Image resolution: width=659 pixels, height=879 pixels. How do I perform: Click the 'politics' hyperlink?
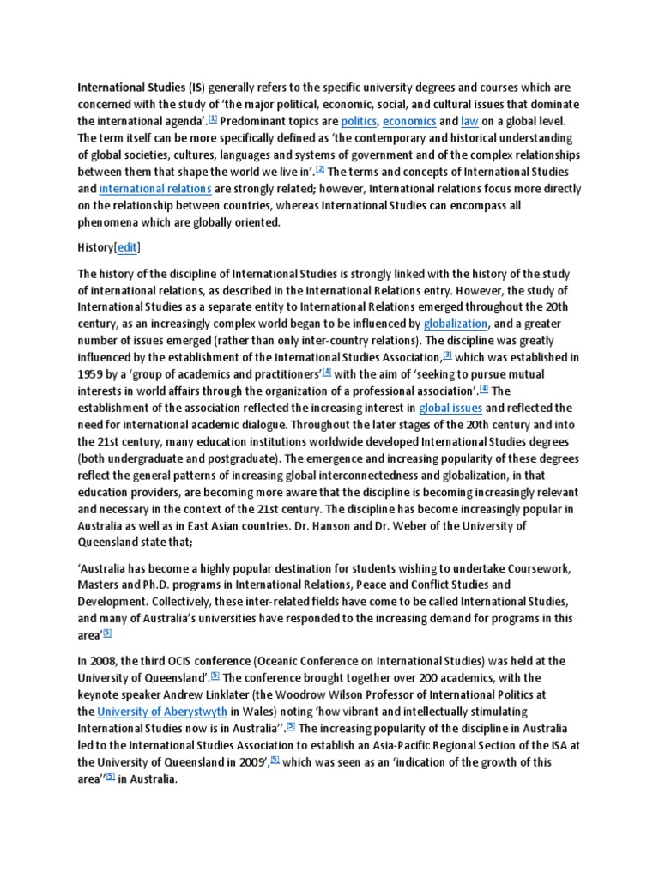[359, 122]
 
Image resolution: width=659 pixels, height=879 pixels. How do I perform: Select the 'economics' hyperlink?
[409, 122]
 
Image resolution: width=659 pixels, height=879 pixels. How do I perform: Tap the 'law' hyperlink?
[469, 122]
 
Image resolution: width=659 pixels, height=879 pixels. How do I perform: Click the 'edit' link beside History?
[127, 247]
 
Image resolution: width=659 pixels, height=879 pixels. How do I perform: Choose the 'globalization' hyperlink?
[456, 324]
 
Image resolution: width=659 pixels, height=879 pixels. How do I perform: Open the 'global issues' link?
[450, 407]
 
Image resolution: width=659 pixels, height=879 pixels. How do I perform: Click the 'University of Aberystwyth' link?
[163, 712]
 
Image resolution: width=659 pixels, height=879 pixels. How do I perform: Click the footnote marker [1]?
[213, 118]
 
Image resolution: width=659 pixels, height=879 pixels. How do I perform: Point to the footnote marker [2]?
[320, 168]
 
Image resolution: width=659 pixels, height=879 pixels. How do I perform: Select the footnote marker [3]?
[447, 354]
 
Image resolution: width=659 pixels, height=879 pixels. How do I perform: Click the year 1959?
[92, 373]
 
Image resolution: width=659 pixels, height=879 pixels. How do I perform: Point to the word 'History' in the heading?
[96, 247]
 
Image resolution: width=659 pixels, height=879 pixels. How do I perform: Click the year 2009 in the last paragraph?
[247, 761]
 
